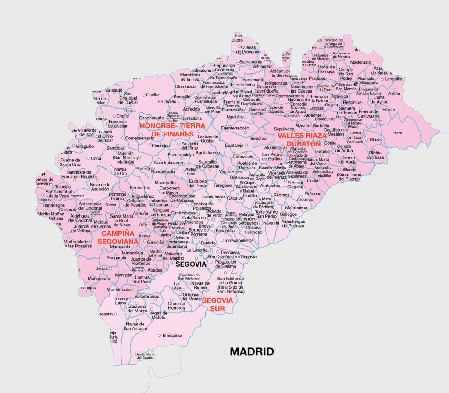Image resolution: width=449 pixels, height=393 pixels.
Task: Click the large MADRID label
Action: (252, 352)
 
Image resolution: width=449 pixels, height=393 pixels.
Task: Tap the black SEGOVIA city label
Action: (190, 264)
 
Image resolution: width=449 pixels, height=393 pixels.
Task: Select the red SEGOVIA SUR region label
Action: (217, 304)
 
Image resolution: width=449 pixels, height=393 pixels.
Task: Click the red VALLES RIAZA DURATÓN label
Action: (302, 139)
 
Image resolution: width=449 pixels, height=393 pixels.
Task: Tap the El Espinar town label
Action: (172, 336)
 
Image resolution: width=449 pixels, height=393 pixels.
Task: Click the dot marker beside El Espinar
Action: (159, 336)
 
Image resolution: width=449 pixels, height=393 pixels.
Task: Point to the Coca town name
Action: (96, 158)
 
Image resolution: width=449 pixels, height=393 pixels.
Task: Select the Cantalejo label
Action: (234, 145)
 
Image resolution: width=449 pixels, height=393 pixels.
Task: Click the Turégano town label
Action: (223, 186)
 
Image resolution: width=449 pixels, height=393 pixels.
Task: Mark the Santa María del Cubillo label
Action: (145, 356)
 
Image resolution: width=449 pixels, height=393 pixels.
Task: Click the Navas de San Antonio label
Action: (135, 326)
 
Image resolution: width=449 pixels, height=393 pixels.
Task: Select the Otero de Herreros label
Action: (177, 306)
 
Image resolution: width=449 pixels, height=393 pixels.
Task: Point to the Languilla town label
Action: (393, 79)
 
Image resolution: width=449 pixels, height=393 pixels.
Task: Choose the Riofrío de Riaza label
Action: (376, 155)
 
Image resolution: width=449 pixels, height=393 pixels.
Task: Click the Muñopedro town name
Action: (99, 278)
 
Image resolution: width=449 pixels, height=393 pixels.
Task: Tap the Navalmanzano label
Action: (169, 162)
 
